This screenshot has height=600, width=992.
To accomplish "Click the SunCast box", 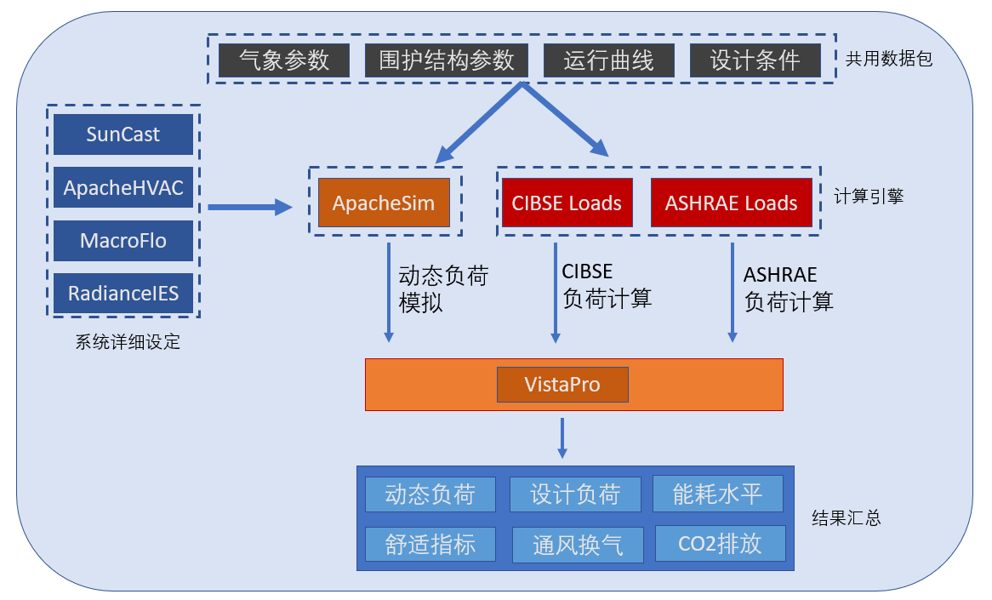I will pyautogui.click(x=123, y=134).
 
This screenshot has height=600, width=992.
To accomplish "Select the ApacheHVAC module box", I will pyautogui.click(x=123, y=188).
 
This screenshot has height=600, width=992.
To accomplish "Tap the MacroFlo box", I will pyautogui.click(x=123, y=241).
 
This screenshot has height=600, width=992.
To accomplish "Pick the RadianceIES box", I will pyautogui.click(x=123, y=294).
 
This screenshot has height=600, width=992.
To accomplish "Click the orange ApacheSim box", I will pyautogui.click(x=384, y=203).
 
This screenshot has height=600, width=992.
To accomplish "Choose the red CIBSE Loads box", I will pyautogui.click(x=567, y=203).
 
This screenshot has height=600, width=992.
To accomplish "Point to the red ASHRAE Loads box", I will pyautogui.click(x=731, y=203).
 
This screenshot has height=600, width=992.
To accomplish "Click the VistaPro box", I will pyautogui.click(x=562, y=385).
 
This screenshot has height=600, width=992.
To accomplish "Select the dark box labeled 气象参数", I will pyautogui.click(x=284, y=60).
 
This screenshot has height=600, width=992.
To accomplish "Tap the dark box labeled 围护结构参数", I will pyautogui.click(x=447, y=60).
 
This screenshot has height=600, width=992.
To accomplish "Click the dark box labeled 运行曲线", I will pyautogui.click(x=608, y=60).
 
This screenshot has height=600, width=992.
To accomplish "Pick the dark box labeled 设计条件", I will pyautogui.click(x=755, y=60).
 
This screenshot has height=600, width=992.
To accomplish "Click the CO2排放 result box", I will pyautogui.click(x=720, y=544).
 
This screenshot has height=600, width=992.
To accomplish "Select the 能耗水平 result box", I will pyautogui.click(x=717, y=494).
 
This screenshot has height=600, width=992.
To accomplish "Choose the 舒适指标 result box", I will pyautogui.click(x=430, y=544).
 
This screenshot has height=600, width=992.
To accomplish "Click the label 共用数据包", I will pyautogui.click(x=889, y=60).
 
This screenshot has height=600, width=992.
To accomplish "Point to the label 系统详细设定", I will pyautogui.click(x=128, y=343).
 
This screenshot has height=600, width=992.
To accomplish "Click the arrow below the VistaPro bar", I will pyautogui.click(x=562, y=437).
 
